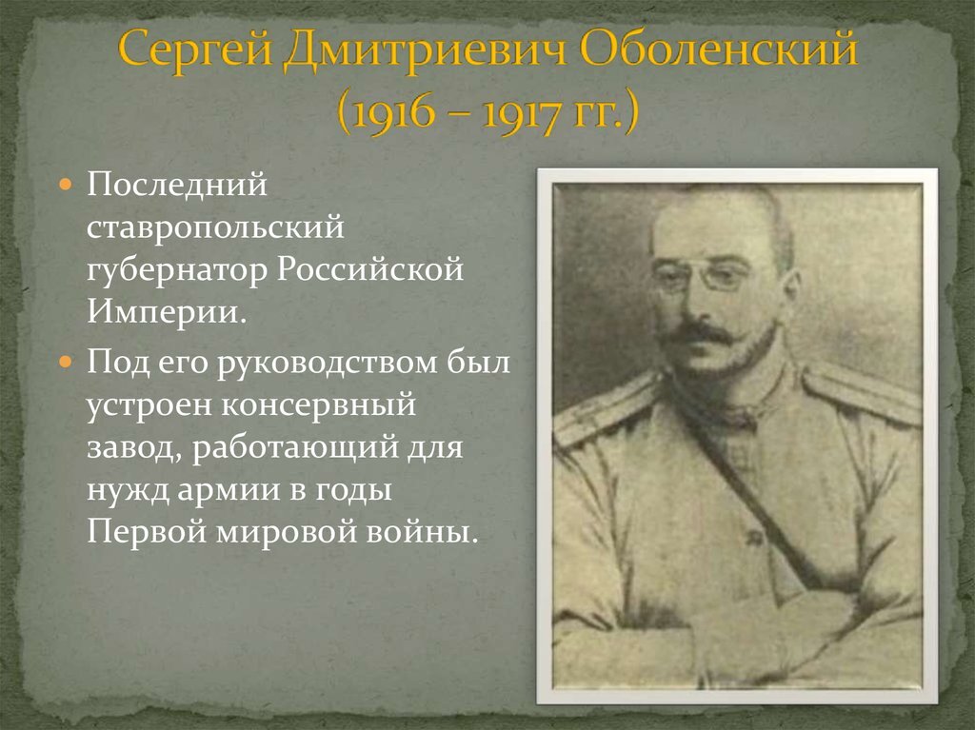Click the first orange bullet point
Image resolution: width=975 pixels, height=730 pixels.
tap(66, 183)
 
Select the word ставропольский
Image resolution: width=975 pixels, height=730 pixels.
tap(214, 227)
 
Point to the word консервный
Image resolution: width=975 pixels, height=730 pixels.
tap(320, 404)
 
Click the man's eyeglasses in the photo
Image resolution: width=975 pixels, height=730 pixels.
tap(702, 277)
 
